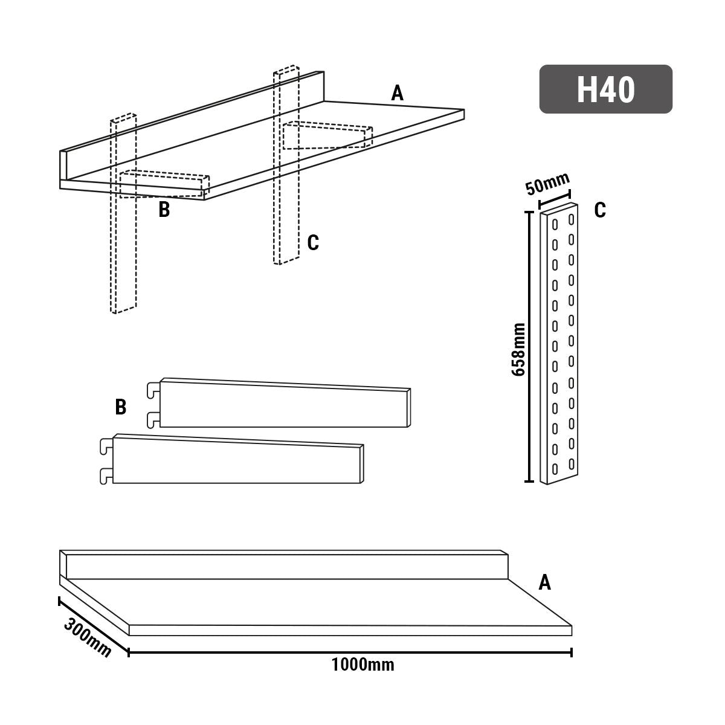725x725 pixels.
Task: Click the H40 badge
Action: point(605,89)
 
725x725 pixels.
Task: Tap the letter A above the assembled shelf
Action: point(397,94)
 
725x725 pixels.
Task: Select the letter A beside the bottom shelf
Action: point(544,582)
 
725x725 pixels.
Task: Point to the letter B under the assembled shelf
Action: point(164,210)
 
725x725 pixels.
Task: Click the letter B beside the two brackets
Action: point(121,407)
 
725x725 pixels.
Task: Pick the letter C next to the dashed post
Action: point(312,243)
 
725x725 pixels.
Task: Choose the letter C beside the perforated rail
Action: point(599,210)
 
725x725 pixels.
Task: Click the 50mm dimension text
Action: point(547,184)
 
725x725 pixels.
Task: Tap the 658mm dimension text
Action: point(518,349)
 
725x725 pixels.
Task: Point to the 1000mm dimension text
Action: point(362,665)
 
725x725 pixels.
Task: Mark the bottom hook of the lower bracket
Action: point(106,475)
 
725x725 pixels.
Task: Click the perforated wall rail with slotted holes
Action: point(561,344)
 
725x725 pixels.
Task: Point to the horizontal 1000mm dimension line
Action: point(350,652)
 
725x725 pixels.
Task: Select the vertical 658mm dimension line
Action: point(529,347)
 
